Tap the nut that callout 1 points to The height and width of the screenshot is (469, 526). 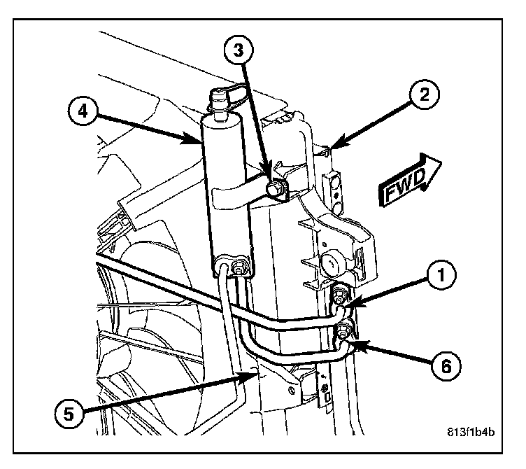click(341, 295)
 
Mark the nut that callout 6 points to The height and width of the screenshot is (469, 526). click(344, 329)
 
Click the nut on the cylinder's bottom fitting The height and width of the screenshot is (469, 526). click(240, 267)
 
